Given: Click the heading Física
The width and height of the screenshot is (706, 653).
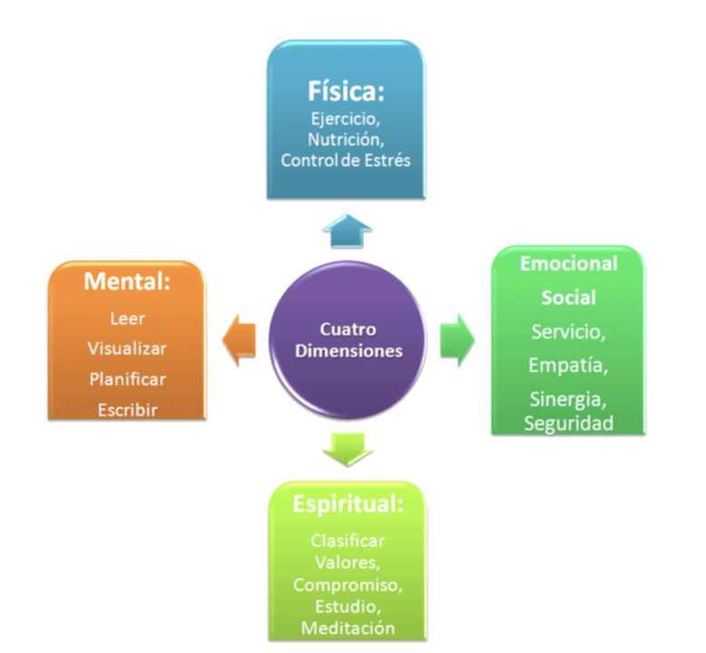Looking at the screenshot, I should coord(345,93).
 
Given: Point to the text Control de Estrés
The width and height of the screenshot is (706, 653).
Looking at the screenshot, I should coord(346,161).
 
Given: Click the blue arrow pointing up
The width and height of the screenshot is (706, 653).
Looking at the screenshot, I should coord(347,232).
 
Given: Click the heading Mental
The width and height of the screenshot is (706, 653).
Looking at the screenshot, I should coord(127,281).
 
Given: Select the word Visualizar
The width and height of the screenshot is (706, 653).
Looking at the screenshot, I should coord(128,348).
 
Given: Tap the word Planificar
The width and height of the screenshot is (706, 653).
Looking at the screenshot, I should coord(127,379).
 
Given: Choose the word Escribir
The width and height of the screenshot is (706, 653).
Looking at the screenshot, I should coord(127,410).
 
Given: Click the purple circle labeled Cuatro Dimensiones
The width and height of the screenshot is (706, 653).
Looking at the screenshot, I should coord(348,341).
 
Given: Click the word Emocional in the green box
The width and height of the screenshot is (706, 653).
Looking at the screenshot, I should coord(569,264).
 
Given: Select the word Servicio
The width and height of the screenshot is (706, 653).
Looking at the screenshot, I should coord(569,332).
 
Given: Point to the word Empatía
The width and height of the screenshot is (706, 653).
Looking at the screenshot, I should coord(569,365).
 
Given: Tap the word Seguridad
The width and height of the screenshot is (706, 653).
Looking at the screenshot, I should coord(569,423).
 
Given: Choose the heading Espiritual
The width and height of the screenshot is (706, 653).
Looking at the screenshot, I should coord(348,504).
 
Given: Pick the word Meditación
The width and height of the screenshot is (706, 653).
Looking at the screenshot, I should coord(348,628).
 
